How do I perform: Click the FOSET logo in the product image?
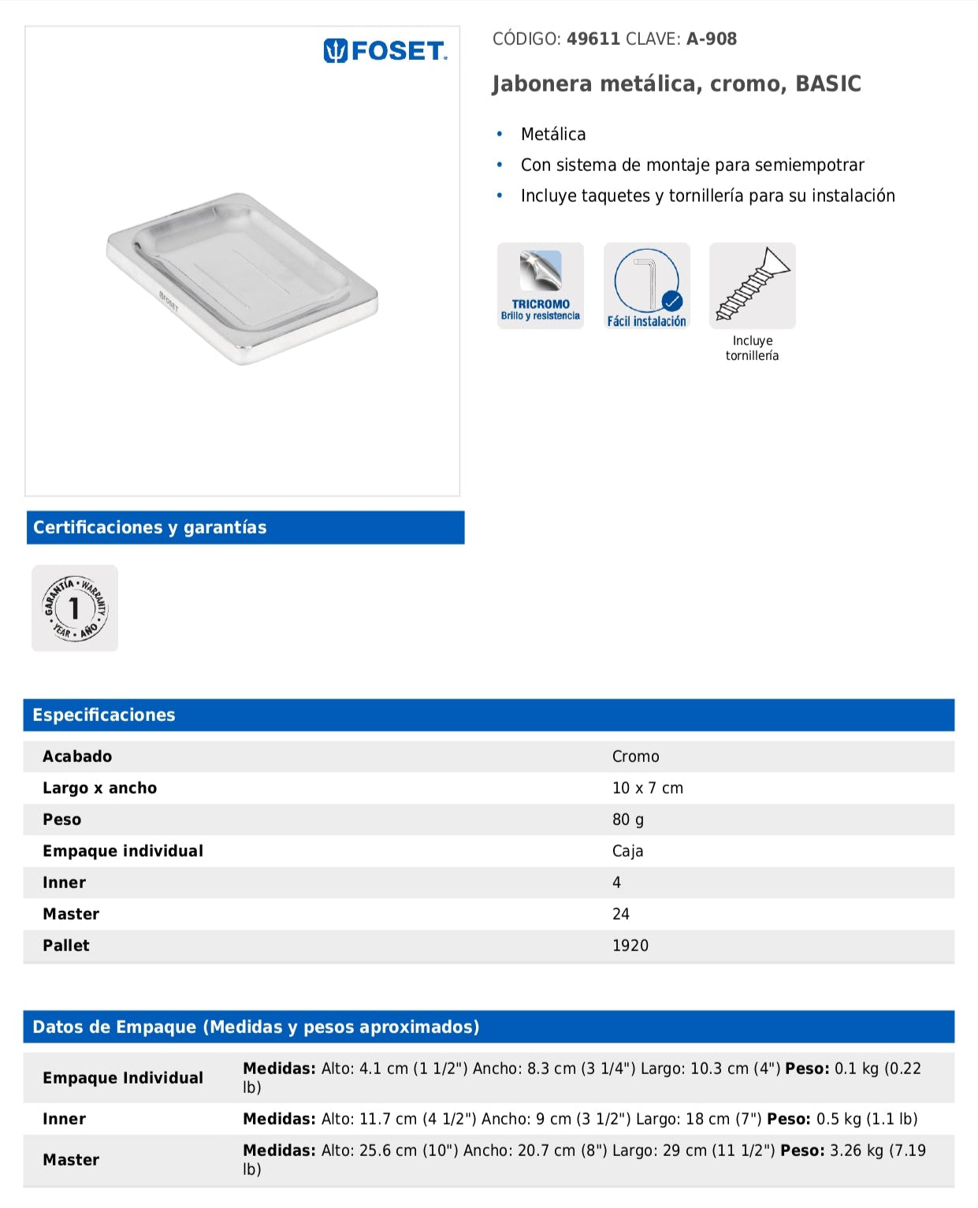[x=385, y=51]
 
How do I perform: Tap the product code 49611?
[x=593, y=39]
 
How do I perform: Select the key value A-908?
[x=711, y=39]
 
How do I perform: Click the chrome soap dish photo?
[x=242, y=278]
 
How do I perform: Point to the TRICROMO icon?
[x=541, y=285]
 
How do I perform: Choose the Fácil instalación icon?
[x=646, y=285]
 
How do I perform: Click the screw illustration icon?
[x=752, y=285]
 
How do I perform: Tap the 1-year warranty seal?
[x=75, y=608]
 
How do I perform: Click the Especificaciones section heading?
[x=104, y=715]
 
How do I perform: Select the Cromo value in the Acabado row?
[x=635, y=756]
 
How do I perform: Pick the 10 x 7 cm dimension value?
[x=647, y=788]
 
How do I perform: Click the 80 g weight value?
[x=627, y=820]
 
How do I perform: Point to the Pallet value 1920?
[x=630, y=946]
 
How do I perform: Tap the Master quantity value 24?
[x=620, y=914]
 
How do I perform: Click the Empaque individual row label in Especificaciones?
[x=123, y=851]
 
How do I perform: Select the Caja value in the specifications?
[x=627, y=851]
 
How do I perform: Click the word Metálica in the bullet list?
[x=553, y=134]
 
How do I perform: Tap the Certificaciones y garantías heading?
[x=150, y=527]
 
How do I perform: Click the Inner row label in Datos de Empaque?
[x=64, y=1119]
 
